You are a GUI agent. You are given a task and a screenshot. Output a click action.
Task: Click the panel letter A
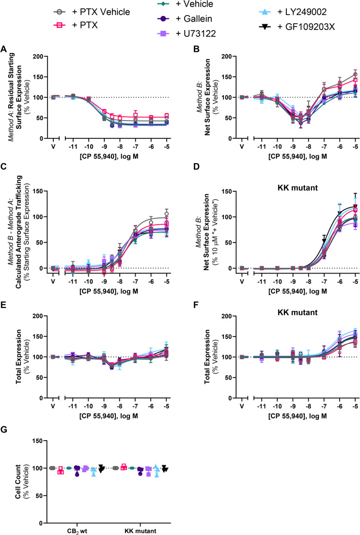pyautogui.click(x=4, y=48)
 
